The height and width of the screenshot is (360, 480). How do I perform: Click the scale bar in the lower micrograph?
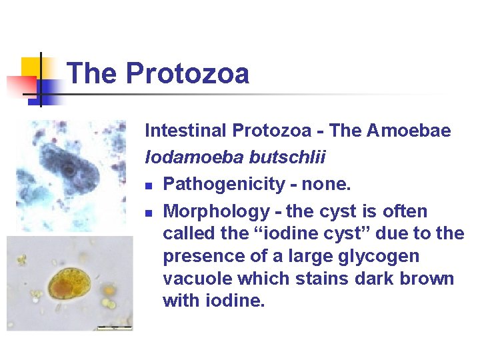115,327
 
